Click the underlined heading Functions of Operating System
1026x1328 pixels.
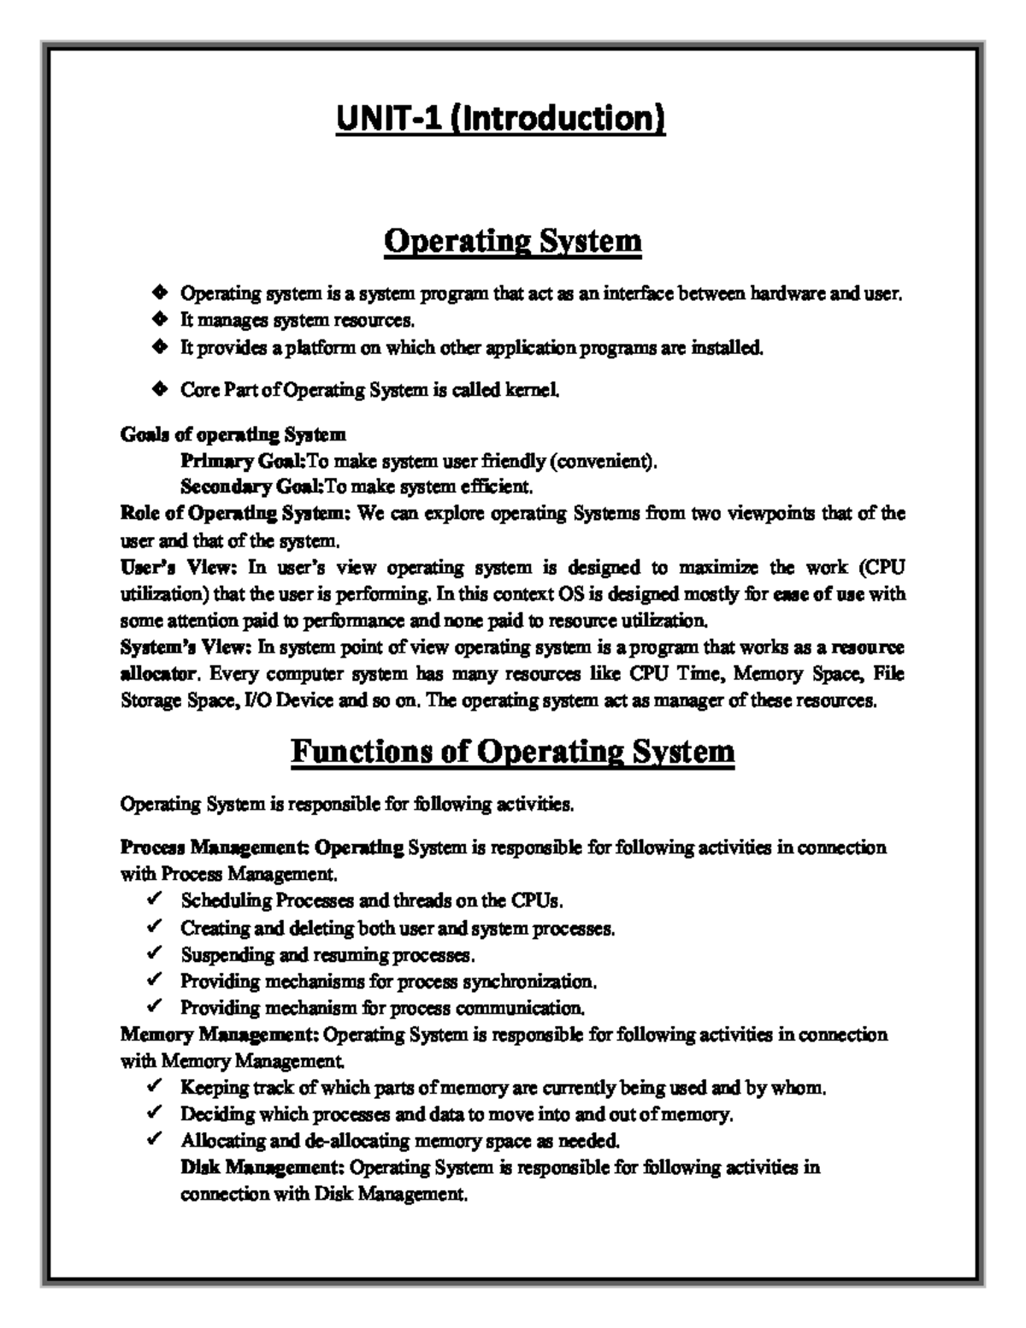tap(512, 752)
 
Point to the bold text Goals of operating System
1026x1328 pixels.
tap(233, 434)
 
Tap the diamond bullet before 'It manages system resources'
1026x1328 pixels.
tap(158, 321)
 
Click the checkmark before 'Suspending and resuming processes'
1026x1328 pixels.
tap(155, 953)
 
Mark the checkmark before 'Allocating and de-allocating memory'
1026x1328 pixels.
tap(155, 1141)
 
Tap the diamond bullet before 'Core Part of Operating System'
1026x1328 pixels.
tap(158, 390)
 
